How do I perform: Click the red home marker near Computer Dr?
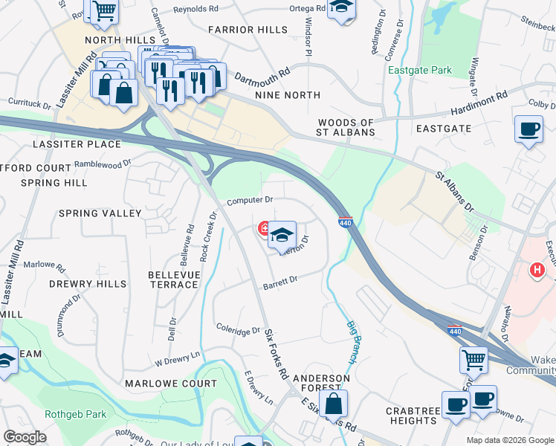coord(263,228)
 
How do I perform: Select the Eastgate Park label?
coord(419,71)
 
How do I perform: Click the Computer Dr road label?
coord(250,200)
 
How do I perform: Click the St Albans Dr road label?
coord(454,193)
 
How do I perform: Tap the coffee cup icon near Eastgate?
coord(528,129)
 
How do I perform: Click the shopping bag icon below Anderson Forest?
coord(334,404)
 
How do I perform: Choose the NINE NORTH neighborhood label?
coord(287,95)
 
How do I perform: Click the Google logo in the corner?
coord(25,437)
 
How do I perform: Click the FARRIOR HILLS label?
coord(248,29)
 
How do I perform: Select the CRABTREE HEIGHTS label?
coord(412,416)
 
